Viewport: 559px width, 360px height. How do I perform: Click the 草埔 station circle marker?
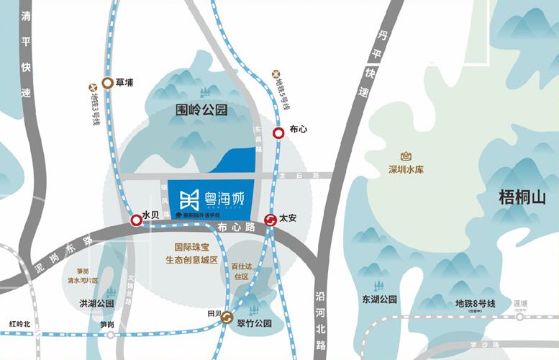click(x=107, y=83)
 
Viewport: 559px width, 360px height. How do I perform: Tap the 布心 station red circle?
click(x=278, y=132)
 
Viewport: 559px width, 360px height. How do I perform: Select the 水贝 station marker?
click(x=136, y=220)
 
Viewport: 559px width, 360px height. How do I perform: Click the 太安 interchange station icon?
click(x=271, y=220)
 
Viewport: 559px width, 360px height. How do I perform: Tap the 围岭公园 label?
click(x=201, y=111)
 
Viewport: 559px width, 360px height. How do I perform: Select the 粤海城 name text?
click(x=229, y=196)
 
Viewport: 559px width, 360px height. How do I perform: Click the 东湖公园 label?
click(x=380, y=299)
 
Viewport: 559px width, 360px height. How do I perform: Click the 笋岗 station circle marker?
click(x=110, y=334)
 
